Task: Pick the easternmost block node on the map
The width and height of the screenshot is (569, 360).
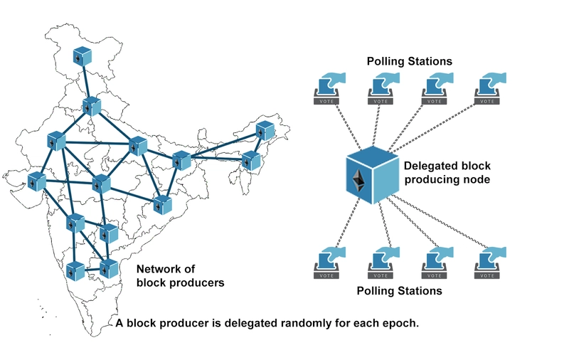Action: pos(265,131)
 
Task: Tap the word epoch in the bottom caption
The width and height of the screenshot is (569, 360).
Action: pos(400,323)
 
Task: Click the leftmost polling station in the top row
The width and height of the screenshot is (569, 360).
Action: pos(327,89)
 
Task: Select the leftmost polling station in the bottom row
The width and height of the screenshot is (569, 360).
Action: pos(327,263)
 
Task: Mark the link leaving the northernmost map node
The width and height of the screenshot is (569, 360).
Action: pos(86,81)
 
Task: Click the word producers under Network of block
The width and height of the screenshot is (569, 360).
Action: pos(194,282)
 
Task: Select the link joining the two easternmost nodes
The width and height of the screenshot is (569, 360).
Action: pos(257,145)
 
